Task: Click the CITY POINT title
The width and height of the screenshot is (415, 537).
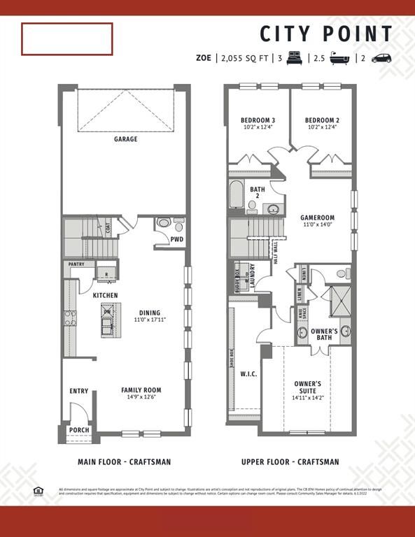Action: click(x=327, y=34)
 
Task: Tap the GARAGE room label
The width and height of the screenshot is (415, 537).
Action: click(x=126, y=139)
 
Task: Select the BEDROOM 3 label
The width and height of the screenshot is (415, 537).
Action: click(x=258, y=120)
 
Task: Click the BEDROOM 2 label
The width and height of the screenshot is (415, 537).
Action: click(x=322, y=120)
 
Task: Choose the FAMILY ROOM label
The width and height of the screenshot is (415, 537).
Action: click(x=141, y=390)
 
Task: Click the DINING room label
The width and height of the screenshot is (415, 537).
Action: click(x=149, y=313)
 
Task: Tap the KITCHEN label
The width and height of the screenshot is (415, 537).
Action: click(x=106, y=296)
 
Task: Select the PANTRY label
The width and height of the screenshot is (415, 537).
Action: click(x=77, y=264)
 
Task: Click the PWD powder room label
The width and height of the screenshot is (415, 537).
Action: click(x=177, y=239)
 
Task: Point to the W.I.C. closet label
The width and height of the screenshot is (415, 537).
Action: click(x=248, y=373)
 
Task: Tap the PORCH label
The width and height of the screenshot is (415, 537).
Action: click(x=79, y=430)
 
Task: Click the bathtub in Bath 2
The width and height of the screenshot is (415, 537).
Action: click(x=236, y=195)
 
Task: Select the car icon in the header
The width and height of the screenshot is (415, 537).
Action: click(x=381, y=59)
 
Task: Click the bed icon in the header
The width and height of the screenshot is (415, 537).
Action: click(x=294, y=59)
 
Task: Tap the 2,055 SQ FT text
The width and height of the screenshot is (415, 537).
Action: click(x=244, y=59)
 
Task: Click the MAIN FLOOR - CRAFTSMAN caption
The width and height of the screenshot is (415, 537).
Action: click(x=124, y=461)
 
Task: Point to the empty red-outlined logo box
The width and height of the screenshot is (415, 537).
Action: click(x=67, y=38)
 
